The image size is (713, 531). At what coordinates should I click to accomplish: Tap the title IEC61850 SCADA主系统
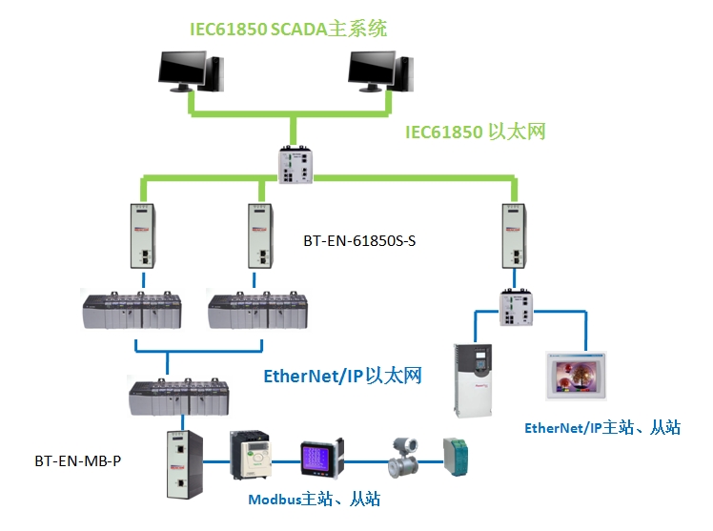(x=287, y=29)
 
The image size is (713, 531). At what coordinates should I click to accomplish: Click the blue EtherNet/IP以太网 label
(x=341, y=376)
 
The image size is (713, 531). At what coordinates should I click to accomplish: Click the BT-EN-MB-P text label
(x=78, y=461)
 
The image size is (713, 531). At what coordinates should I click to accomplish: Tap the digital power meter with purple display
(x=315, y=459)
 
